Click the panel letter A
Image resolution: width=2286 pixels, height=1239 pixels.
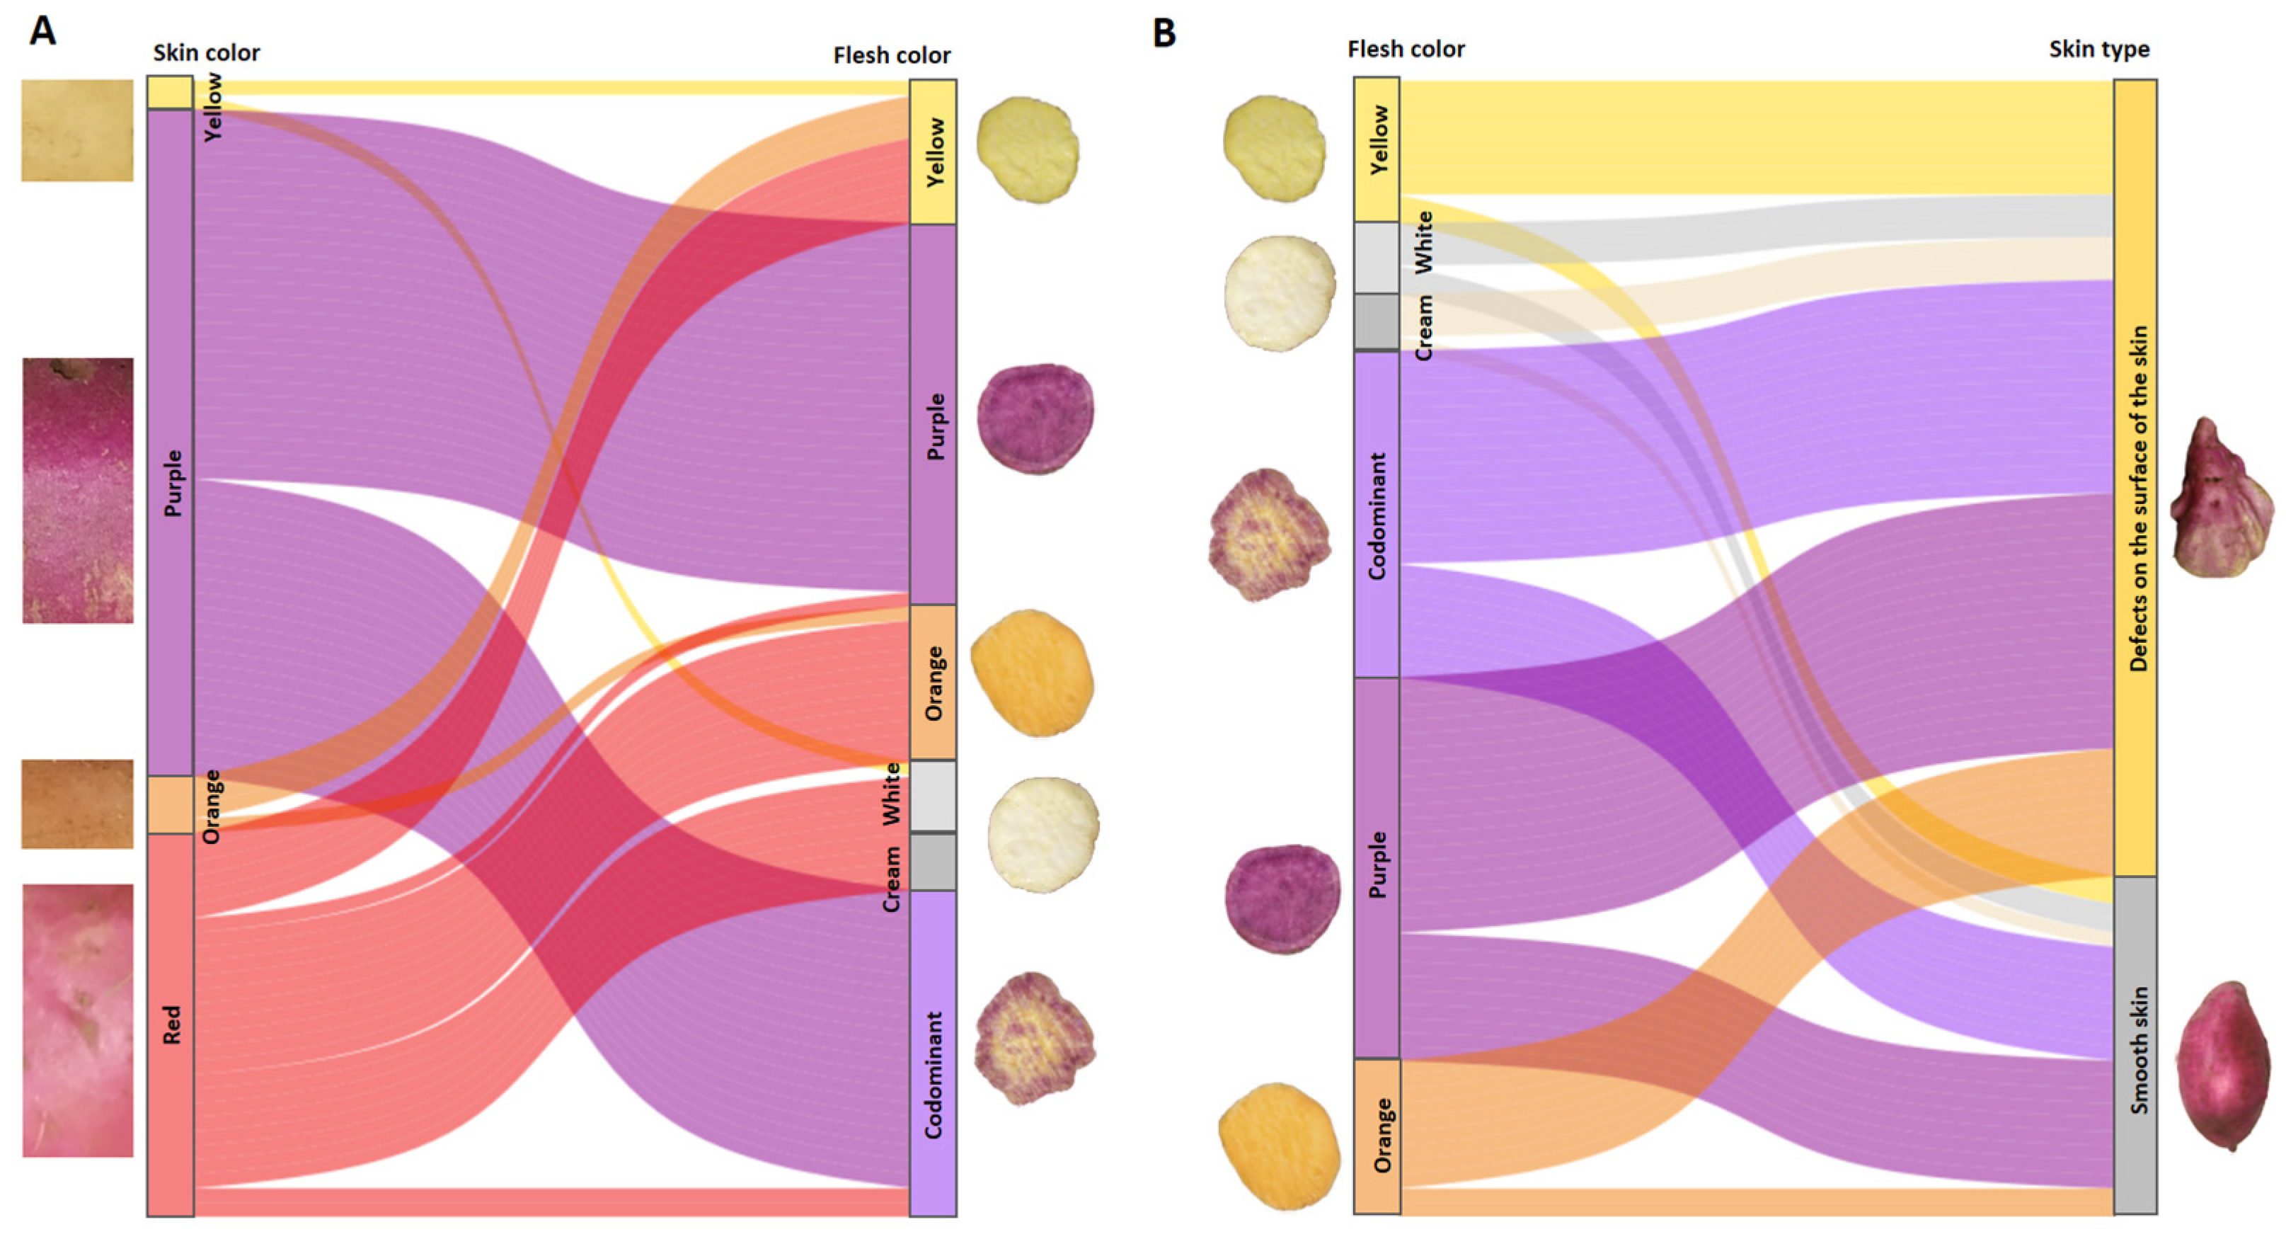[x=42, y=31]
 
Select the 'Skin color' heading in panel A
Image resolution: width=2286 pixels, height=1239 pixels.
[x=206, y=53]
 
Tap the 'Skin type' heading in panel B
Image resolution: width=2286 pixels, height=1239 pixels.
[x=2098, y=50]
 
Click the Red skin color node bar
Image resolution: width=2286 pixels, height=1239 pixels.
[x=171, y=1024]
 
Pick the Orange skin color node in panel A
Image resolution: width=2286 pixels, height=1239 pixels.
[x=171, y=805]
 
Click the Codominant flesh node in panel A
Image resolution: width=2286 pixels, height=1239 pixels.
[x=933, y=1053]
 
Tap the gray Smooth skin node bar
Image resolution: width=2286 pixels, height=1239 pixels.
[x=2135, y=1046]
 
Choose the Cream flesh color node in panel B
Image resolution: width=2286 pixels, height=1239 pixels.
[x=1377, y=321]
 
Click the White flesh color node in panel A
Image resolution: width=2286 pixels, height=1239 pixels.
[x=933, y=796]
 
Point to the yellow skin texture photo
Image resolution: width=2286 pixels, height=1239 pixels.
[x=77, y=130]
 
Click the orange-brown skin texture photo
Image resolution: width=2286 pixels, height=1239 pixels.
[x=77, y=804]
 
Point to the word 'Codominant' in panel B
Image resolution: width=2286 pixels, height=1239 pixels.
[x=1377, y=515]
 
